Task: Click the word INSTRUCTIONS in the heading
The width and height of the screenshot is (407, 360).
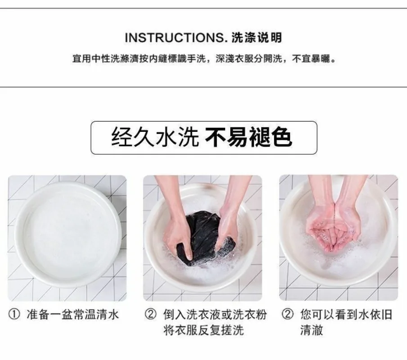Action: (x=174, y=38)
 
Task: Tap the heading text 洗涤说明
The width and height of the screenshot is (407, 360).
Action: (x=257, y=38)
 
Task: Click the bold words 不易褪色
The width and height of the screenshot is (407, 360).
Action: (x=249, y=137)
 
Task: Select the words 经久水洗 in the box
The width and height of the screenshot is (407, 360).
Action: (x=155, y=137)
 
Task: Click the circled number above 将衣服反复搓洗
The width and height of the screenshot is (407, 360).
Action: (x=150, y=315)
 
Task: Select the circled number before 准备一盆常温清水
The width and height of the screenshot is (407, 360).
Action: (x=14, y=315)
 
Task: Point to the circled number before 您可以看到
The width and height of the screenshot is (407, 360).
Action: (x=287, y=315)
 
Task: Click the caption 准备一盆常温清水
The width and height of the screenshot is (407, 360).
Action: (x=72, y=315)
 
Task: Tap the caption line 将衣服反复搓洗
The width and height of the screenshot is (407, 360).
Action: (x=204, y=330)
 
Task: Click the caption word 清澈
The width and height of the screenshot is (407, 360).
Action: (x=312, y=330)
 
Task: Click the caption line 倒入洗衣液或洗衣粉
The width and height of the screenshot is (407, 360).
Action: (x=215, y=315)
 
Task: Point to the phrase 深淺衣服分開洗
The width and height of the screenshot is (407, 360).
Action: (x=249, y=59)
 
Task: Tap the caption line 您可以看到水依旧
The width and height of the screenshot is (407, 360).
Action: (x=346, y=315)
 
